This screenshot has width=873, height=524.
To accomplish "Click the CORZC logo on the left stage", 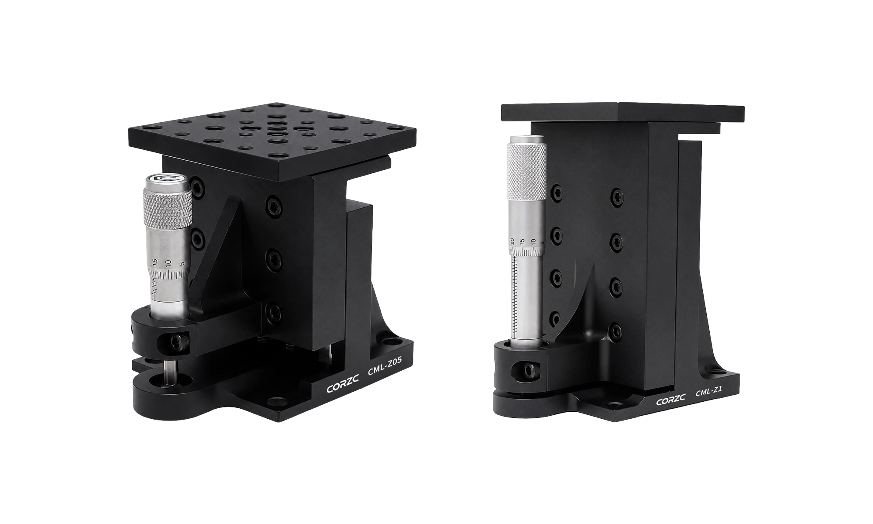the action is (x=343, y=380).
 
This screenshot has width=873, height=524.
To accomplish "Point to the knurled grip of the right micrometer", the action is (x=526, y=171).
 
